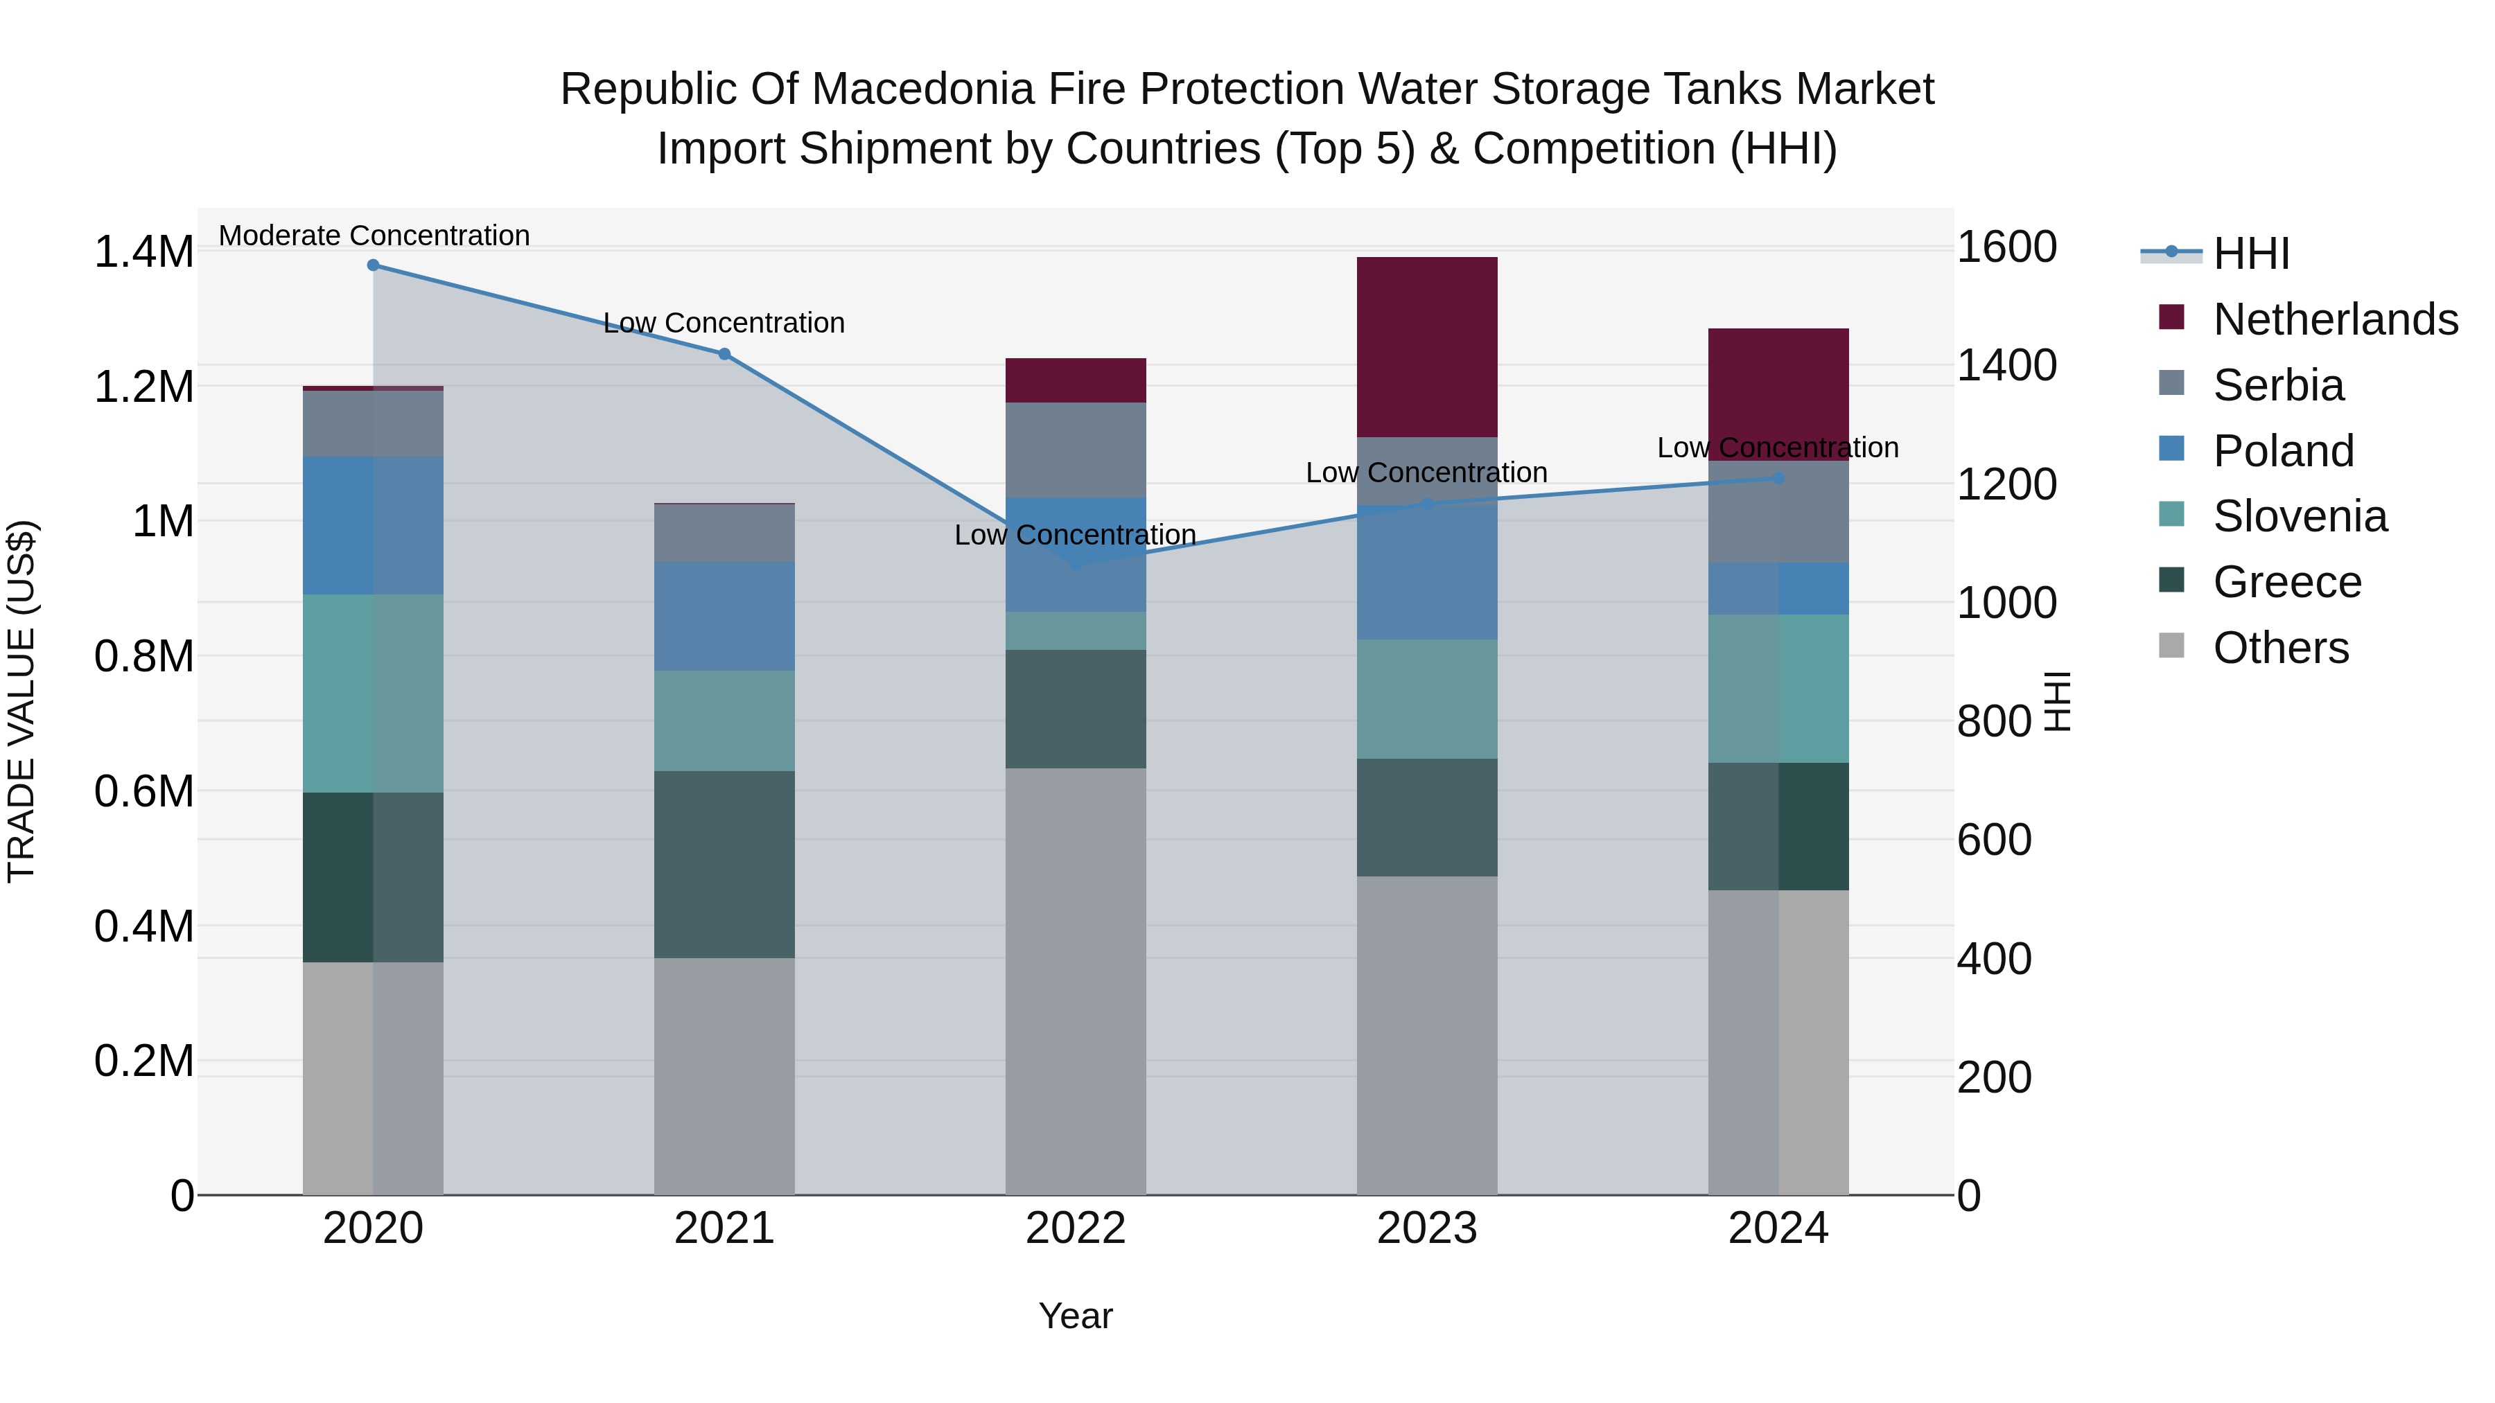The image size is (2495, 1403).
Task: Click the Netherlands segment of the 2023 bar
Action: (1427, 346)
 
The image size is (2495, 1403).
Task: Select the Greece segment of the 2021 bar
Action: (724, 864)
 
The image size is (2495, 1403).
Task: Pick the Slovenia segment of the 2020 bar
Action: (373, 694)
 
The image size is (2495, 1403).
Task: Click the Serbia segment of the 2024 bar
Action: (1778, 511)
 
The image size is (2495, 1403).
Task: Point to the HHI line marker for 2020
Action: (373, 265)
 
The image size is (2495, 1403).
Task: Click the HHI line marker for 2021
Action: (724, 354)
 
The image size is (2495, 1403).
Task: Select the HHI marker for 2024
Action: (1778, 478)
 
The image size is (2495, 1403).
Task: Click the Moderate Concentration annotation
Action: (374, 236)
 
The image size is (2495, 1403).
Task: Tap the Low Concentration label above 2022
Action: (1075, 534)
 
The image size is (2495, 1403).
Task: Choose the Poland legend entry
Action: (2283, 451)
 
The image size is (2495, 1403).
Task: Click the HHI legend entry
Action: (2251, 254)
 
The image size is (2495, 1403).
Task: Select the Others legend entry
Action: (2280, 648)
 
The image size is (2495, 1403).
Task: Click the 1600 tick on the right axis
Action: (2007, 247)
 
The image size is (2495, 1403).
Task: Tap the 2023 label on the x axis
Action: (1427, 1228)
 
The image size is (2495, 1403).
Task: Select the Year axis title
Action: (1075, 1316)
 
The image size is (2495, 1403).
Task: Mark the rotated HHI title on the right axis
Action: (2056, 701)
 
